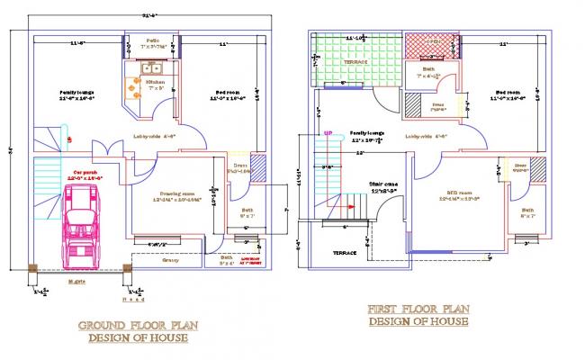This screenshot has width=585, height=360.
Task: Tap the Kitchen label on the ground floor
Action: pyautogui.click(x=155, y=81)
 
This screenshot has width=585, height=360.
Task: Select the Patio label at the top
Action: pyautogui.click(x=154, y=40)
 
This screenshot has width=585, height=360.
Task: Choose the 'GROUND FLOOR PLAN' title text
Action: pyautogui.click(x=138, y=325)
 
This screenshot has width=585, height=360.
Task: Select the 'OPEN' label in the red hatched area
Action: pyautogui.click(x=432, y=42)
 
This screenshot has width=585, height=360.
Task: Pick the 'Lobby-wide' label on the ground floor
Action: pyautogui.click(x=153, y=136)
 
